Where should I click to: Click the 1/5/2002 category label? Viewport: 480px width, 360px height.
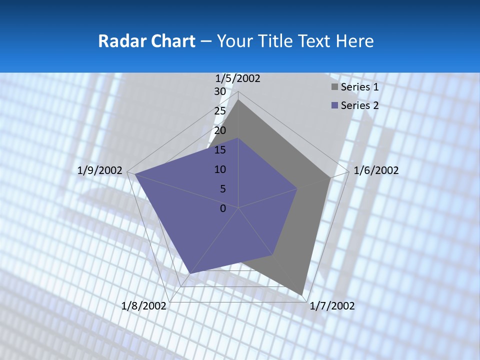238,78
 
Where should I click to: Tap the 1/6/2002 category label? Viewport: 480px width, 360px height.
376,170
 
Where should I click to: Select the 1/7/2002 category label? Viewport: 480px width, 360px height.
332,306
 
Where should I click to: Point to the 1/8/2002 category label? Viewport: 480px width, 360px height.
143,306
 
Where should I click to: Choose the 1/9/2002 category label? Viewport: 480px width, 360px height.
100,170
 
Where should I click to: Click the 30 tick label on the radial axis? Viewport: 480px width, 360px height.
220,91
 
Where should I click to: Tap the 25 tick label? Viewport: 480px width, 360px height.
220,111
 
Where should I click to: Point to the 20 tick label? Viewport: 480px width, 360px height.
220,130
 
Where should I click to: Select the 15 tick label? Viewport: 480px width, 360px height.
220,150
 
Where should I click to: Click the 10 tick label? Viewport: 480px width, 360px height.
220,169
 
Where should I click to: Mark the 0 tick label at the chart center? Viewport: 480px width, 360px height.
223,208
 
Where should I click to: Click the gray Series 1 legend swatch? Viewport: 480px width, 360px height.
334,87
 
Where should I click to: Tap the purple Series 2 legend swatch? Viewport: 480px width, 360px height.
334,105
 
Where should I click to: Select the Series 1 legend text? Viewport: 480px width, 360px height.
359,87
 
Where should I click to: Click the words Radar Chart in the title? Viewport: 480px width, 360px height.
146,41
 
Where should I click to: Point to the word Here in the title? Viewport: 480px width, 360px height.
354,41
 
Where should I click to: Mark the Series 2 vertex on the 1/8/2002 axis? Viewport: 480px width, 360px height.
190,273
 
